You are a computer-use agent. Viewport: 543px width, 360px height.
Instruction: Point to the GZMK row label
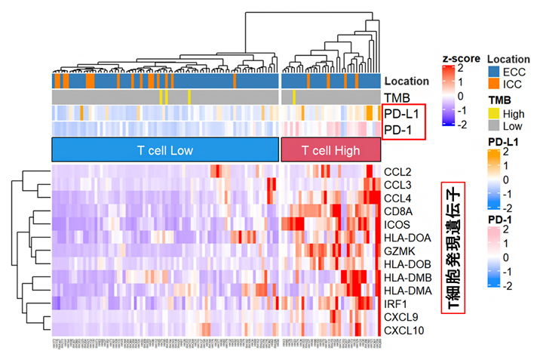pos(397,251)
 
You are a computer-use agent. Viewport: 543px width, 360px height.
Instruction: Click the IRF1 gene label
pos(395,303)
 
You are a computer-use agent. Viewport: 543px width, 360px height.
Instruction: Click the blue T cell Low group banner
pos(165,150)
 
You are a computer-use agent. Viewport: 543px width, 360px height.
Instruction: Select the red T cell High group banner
pos(330,150)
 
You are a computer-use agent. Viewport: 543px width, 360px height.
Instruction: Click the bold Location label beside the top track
pos(406,81)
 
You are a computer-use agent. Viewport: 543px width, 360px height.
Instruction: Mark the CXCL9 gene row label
pos(397,317)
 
